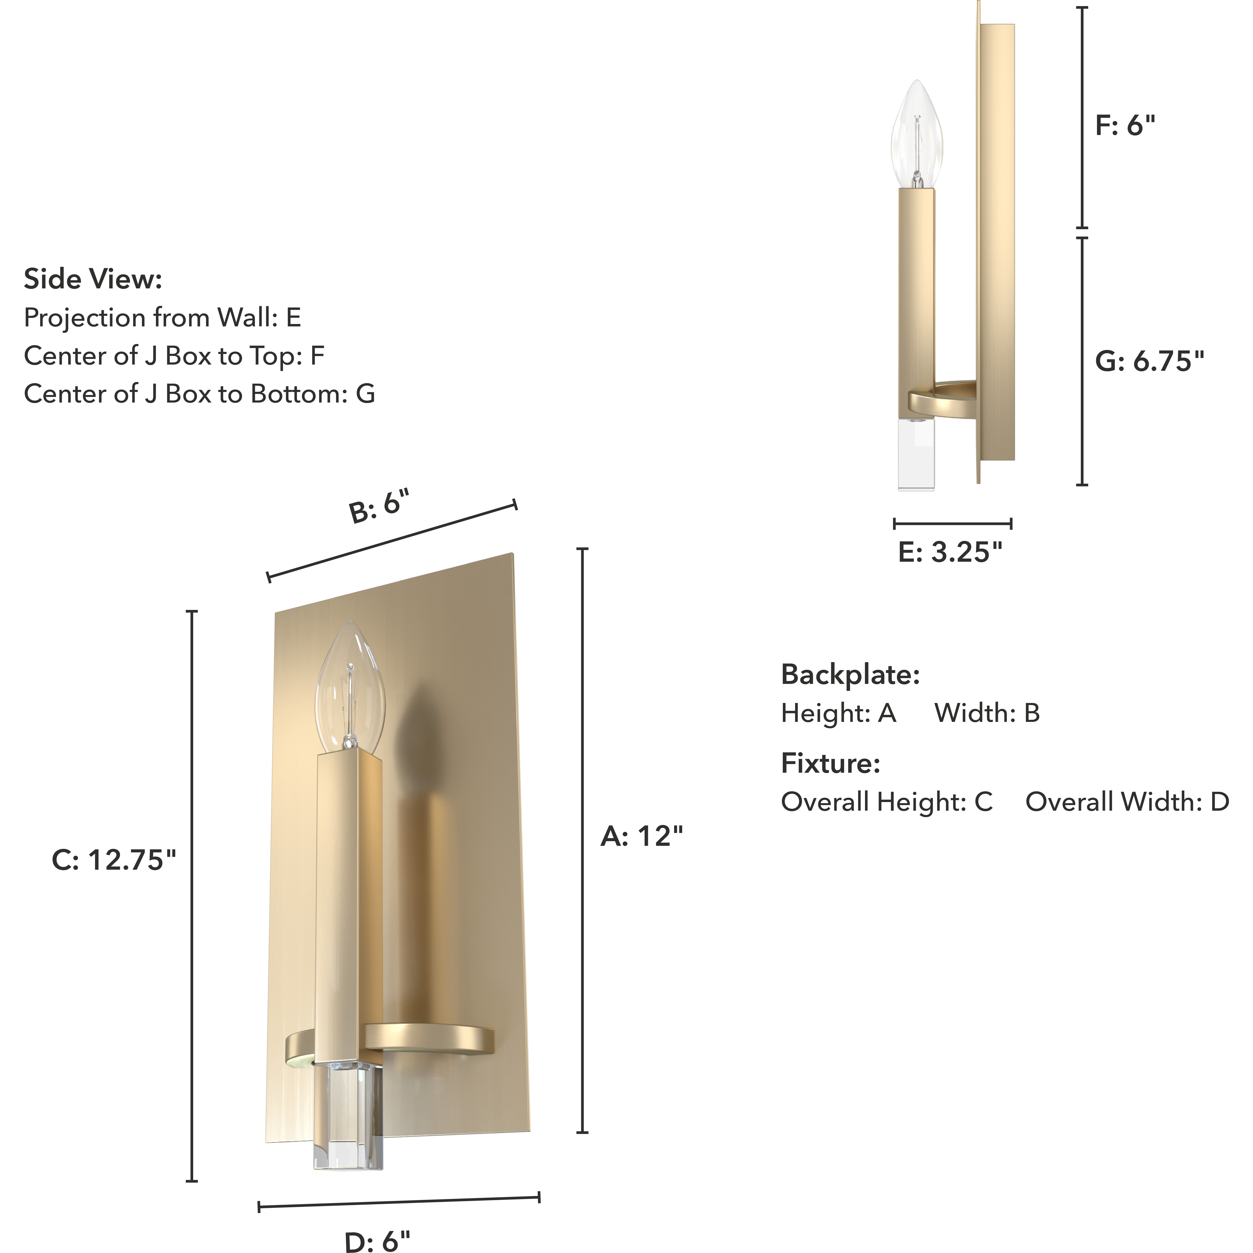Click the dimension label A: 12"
point(641,837)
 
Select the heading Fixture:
point(830,764)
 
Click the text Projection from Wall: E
point(162,318)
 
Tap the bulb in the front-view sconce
point(350,687)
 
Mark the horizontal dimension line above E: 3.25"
point(952,523)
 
